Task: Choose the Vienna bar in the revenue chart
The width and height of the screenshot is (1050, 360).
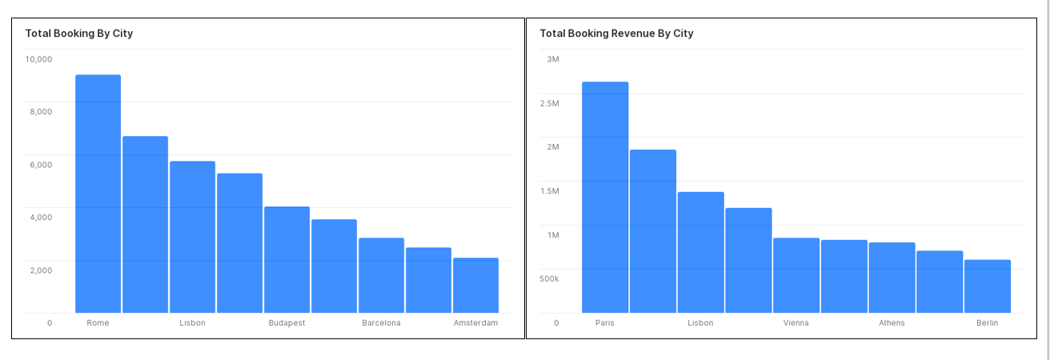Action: tap(796, 275)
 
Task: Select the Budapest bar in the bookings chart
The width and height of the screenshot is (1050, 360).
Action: tap(287, 259)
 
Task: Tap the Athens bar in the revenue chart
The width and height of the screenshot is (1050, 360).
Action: tap(892, 277)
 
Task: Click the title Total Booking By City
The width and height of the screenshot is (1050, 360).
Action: tap(78, 34)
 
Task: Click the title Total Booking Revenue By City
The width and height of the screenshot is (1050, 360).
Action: tap(616, 34)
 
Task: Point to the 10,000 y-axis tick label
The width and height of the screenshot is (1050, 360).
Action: tap(38, 59)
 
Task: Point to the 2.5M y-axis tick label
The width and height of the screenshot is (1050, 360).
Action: tap(549, 103)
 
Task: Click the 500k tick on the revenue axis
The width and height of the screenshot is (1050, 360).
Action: tap(549, 279)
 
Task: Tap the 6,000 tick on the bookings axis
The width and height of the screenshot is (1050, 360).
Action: tap(41, 165)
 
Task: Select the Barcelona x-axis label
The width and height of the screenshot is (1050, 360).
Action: tap(381, 323)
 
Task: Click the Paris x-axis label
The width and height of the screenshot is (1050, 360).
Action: tap(605, 323)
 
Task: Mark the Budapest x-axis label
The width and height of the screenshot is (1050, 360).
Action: tap(287, 323)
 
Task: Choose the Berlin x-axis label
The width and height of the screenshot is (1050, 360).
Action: tap(987, 323)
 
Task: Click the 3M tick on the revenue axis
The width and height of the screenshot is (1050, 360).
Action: tap(553, 59)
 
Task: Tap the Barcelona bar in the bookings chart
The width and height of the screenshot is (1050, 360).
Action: tap(381, 275)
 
